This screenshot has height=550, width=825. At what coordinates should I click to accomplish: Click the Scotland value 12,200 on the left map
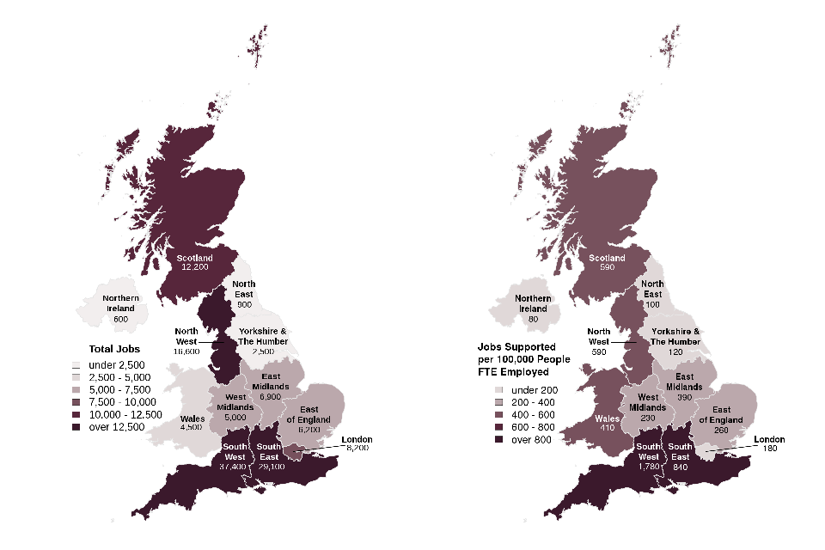coord(195,267)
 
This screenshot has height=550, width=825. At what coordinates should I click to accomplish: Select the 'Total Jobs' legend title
coord(114,350)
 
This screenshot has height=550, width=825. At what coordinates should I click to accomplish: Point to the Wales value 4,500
coord(192,427)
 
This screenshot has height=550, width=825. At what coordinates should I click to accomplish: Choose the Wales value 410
coord(608,427)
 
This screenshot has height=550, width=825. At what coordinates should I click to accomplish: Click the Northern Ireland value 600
coord(121,319)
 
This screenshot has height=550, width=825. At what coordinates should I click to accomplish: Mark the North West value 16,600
coord(186,351)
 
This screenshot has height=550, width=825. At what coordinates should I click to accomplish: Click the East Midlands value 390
coord(685,398)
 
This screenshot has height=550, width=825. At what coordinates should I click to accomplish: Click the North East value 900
coord(244,305)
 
